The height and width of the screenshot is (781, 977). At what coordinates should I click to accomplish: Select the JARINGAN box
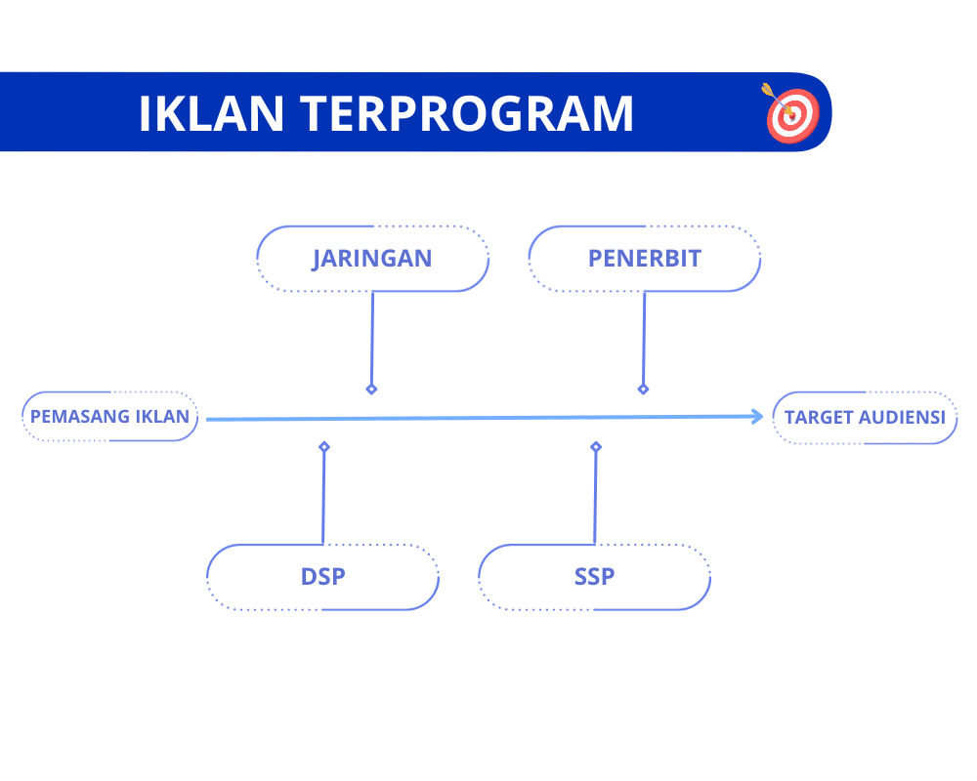coord(372,259)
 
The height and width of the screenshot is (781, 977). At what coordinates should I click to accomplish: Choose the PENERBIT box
coord(644,259)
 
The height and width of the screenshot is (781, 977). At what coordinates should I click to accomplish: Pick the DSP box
coord(322,577)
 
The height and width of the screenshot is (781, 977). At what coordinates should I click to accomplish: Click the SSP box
coord(594,577)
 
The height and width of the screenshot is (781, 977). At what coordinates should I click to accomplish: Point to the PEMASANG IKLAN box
coord(109,417)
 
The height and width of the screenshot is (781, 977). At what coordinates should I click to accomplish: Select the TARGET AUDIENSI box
coord(865,418)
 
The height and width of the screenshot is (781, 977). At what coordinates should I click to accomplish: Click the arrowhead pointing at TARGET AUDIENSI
coord(757,417)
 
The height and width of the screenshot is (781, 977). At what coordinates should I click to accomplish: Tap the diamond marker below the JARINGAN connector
coord(371,389)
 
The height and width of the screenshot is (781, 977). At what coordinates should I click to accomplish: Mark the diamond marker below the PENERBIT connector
coord(643,389)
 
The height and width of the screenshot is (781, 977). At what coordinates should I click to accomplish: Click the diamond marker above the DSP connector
coord(324,447)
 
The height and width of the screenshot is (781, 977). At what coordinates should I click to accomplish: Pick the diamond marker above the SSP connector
coord(596,447)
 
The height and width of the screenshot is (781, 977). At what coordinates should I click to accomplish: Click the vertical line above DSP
coord(323,498)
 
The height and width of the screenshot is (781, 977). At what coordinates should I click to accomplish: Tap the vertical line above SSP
coord(595,498)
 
